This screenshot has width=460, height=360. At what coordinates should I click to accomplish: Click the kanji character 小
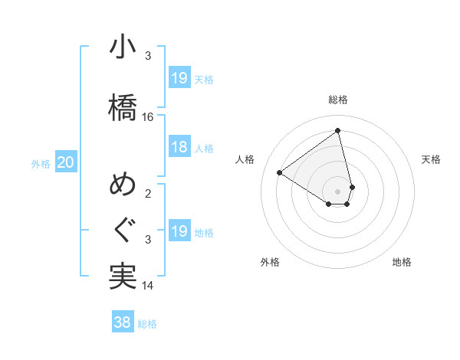pos(123,47)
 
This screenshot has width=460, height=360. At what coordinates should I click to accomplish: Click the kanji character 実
pos(123,276)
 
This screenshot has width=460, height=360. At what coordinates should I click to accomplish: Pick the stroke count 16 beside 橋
pos(148,117)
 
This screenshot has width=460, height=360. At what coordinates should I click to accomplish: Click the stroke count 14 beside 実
pos(148,286)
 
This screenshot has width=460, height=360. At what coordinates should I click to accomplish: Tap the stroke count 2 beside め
pos(148,193)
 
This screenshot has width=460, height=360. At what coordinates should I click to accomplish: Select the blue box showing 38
pos(122,322)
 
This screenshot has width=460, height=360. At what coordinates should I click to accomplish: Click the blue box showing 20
pos(66,162)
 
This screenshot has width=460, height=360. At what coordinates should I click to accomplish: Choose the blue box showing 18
pos(179,147)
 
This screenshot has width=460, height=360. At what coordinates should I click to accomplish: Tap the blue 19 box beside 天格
pos(179,77)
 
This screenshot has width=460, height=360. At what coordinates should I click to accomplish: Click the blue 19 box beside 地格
pos(179,231)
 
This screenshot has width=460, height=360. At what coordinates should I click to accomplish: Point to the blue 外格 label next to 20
pos(41,163)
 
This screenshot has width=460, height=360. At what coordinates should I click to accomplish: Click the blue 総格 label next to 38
pos(147,324)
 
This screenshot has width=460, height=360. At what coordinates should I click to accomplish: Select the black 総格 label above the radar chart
pos(338,100)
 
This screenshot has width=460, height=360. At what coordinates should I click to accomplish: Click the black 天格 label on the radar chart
pos(431,159)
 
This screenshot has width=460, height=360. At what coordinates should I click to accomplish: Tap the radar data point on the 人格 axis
pos(279,173)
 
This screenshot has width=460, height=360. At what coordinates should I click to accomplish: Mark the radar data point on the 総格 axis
pos(337,131)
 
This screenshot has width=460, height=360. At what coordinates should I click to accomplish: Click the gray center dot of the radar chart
pos(338,191)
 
